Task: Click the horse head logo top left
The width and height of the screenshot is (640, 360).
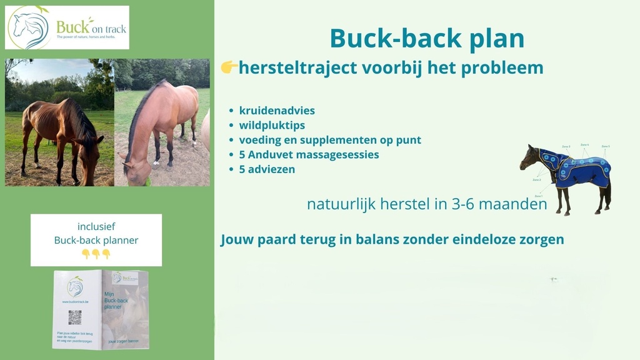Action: pyautogui.click(x=29, y=27)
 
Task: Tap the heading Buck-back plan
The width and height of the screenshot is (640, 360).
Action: pyautogui.click(x=427, y=39)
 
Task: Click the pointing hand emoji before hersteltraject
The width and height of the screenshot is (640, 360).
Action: pyautogui.click(x=229, y=67)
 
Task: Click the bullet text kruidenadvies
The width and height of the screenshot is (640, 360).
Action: pyautogui.click(x=277, y=111)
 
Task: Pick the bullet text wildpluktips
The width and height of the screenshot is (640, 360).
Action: pyautogui.click(x=272, y=125)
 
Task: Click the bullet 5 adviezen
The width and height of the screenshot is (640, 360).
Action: pyautogui.click(x=267, y=169)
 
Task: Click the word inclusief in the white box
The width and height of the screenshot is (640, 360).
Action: pyautogui.click(x=96, y=227)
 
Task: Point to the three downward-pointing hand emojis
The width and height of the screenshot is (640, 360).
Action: pyautogui.click(x=96, y=254)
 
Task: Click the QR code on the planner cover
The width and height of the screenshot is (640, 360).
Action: pyautogui.click(x=75, y=317)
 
